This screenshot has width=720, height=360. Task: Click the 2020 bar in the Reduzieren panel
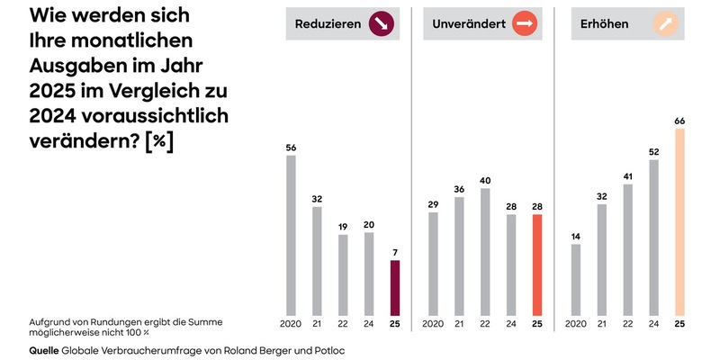(291, 234)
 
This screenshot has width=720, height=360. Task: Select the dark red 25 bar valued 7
(394, 286)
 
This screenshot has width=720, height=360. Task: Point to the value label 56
(291, 147)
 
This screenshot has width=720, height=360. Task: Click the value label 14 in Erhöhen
(576, 236)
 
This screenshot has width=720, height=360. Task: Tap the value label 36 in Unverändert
(459, 189)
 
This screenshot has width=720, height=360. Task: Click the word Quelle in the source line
(44, 349)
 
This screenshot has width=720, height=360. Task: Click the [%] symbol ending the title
(159, 141)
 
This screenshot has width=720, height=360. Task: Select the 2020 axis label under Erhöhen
(576, 324)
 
